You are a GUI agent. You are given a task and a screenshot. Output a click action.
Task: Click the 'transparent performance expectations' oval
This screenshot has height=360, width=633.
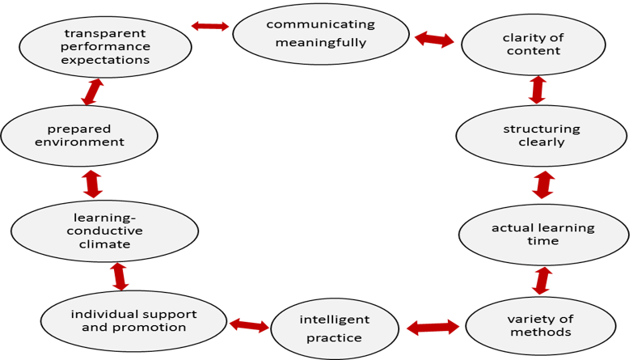click(x=106, y=45)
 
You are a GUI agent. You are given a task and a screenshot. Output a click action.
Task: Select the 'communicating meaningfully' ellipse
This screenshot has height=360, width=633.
click(x=321, y=32)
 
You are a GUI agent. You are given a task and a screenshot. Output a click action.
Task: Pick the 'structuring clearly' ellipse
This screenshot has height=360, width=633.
click(x=530, y=136)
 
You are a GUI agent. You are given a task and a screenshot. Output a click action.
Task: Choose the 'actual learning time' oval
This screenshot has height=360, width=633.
click(x=542, y=235)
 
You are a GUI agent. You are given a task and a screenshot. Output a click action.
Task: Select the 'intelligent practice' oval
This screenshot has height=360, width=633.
click(x=334, y=328)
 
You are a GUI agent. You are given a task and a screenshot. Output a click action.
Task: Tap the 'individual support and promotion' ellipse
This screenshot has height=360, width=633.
click(x=133, y=321)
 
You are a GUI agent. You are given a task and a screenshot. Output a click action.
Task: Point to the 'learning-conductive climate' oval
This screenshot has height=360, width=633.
click(x=104, y=231)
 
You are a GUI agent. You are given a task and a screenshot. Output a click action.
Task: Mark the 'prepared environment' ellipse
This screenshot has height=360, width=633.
click(x=79, y=135)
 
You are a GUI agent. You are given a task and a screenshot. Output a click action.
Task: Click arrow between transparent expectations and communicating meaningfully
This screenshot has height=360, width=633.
click(x=210, y=26)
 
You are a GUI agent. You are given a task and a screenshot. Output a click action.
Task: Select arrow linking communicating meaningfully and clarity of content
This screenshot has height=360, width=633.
click(x=434, y=39)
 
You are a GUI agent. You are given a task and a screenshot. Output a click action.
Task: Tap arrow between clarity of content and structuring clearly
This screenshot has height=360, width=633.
click(x=537, y=90)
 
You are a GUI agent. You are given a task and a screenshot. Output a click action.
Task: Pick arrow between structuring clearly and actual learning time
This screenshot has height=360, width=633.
click(x=543, y=184)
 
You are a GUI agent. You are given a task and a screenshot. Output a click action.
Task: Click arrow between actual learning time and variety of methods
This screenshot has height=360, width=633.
click(x=541, y=281)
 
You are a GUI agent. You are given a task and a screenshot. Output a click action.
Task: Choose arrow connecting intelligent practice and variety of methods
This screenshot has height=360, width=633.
click(x=433, y=327)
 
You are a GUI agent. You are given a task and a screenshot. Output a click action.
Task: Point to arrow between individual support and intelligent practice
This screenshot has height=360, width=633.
click(x=249, y=325)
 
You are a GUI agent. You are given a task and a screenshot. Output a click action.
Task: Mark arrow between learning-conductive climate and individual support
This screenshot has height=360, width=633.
click(x=120, y=276)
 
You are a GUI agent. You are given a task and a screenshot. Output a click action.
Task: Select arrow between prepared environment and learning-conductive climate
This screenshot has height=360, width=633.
click(x=92, y=184)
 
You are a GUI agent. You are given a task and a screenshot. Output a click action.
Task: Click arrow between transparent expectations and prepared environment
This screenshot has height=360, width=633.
click(x=92, y=91)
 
